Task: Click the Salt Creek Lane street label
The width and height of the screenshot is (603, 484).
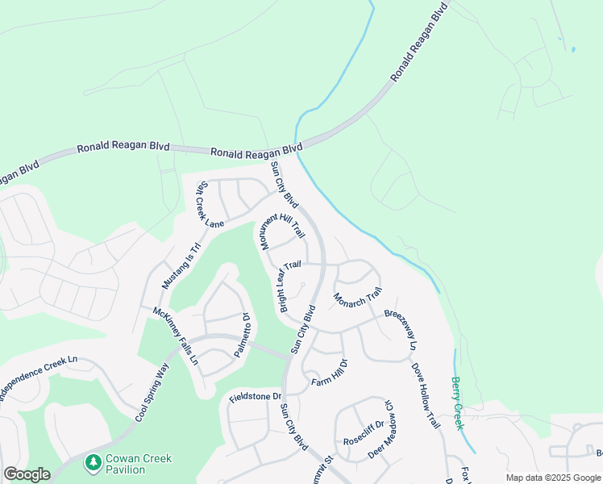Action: [x=206, y=202]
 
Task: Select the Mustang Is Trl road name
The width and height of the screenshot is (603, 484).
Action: [x=181, y=266]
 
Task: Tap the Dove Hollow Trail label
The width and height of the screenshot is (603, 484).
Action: [x=426, y=395]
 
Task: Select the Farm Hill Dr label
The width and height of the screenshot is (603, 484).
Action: [x=329, y=373]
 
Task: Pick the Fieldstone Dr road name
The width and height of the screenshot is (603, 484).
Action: [x=255, y=397]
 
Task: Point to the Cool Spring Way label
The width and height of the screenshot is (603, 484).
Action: [x=152, y=393]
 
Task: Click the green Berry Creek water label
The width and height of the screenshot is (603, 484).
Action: [x=457, y=404]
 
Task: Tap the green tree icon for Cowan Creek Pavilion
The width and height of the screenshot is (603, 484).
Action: [x=93, y=463]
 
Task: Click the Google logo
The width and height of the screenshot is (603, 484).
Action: [x=27, y=474]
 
